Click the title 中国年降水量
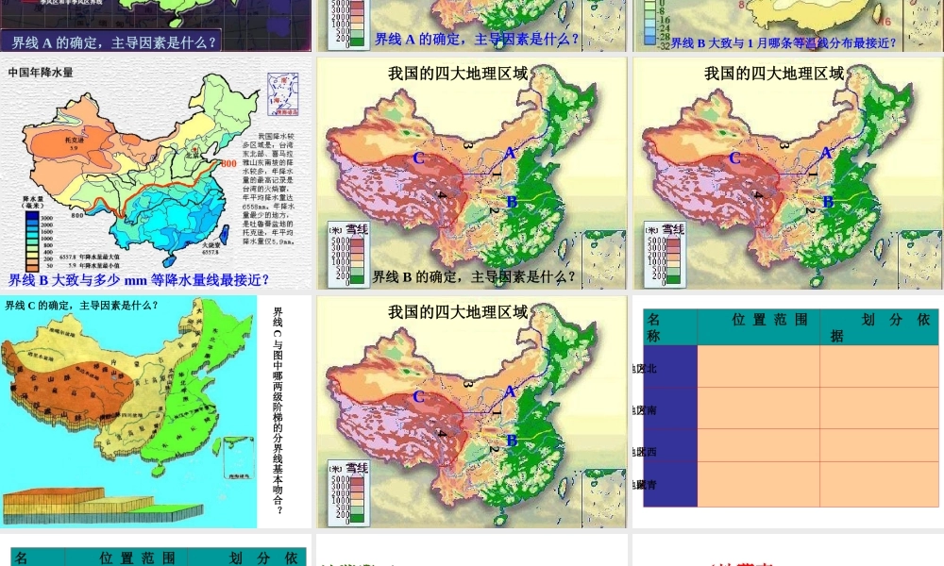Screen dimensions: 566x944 click(x=40, y=72)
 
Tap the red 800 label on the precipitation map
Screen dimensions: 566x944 click(x=228, y=164)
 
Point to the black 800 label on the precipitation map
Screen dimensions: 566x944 click(x=76, y=216)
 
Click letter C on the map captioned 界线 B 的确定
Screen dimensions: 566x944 click(x=418, y=158)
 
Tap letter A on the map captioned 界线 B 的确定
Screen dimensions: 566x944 click(x=510, y=153)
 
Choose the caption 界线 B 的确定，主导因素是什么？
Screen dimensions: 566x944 click(x=474, y=276)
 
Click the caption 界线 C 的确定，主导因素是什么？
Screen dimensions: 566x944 click(x=81, y=305)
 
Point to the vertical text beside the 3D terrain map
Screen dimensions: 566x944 click(x=278, y=410)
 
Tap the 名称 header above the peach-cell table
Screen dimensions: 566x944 click(x=654, y=326)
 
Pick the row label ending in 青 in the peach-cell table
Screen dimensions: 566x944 click(x=646, y=484)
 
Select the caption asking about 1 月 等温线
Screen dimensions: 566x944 click(x=784, y=42)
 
